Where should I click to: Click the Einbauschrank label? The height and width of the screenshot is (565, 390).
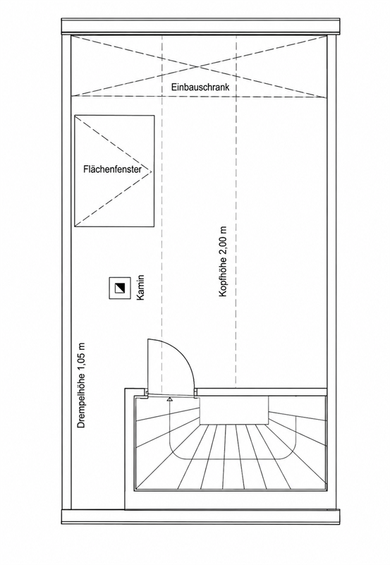pyautogui.click(x=200, y=87)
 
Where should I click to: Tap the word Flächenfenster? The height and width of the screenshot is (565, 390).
pyautogui.click(x=112, y=169)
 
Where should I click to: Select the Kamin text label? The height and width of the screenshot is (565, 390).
pyautogui.click(x=140, y=287)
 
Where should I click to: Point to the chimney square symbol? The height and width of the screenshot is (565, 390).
pyautogui.click(x=120, y=288)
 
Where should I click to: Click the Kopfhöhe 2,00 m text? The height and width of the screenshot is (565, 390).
pyautogui.click(x=223, y=262)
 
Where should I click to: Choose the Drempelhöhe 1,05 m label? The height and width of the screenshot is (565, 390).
pyautogui.click(x=82, y=385)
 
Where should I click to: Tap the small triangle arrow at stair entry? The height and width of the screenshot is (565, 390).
pyautogui.click(x=169, y=399)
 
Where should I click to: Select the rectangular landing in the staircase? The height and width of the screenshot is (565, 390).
pyautogui.click(x=234, y=411)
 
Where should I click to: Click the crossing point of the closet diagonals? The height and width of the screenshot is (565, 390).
pyautogui.click(x=199, y=66)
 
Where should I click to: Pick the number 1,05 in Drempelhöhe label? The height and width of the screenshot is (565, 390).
pyautogui.click(x=82, y=361)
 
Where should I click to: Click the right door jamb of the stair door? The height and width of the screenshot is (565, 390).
pyautogui.click(x=195, y=393)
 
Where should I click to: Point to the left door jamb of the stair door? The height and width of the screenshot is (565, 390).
pyautogui.click(x=147, y=393)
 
